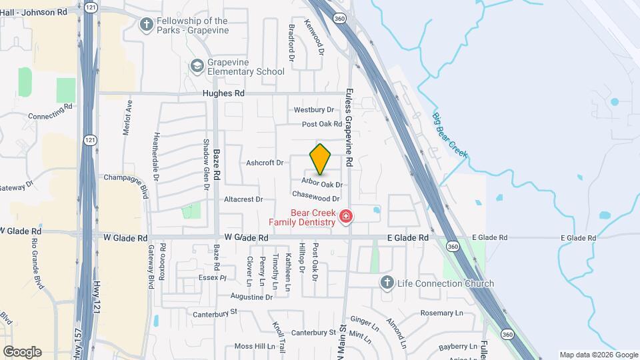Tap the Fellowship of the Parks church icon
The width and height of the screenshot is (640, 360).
[147, 25]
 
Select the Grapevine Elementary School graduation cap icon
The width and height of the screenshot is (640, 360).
[197, 65]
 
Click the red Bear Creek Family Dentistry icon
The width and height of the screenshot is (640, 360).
[345, 216]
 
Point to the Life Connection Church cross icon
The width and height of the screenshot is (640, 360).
[385, 283]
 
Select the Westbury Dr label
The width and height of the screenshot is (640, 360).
[313, 109]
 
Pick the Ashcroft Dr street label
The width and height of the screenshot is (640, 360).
[265, 162]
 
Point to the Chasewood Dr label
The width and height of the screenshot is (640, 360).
[316, 197]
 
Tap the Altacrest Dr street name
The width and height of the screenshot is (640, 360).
[244, 199]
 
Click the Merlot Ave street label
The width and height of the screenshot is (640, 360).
[127, 117]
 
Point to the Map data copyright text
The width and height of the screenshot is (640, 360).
[598, 355]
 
